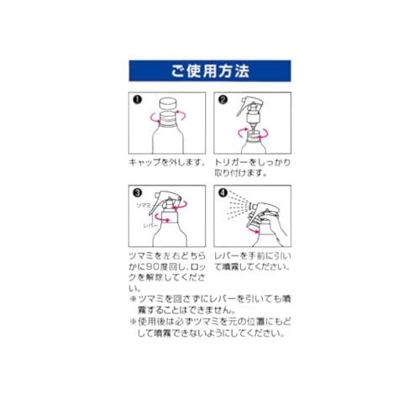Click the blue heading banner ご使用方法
(210, 71)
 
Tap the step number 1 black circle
(138, 100)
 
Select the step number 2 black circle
(223, 100)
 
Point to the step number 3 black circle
(138, 192)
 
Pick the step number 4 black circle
(223, 192)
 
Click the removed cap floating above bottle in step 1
(167, 103)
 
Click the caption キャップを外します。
(167, 162)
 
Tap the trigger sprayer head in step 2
(249, 111)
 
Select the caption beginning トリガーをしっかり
(253, 168)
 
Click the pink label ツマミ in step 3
(144, 205)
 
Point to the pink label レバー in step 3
(150, 226)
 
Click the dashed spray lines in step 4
(239, 206)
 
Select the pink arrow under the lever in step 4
(254, 230)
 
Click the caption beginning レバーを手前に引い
(253, 261)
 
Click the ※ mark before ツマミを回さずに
(133, 298)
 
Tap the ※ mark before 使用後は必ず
(133, 321)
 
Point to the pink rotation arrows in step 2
(253, 134)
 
